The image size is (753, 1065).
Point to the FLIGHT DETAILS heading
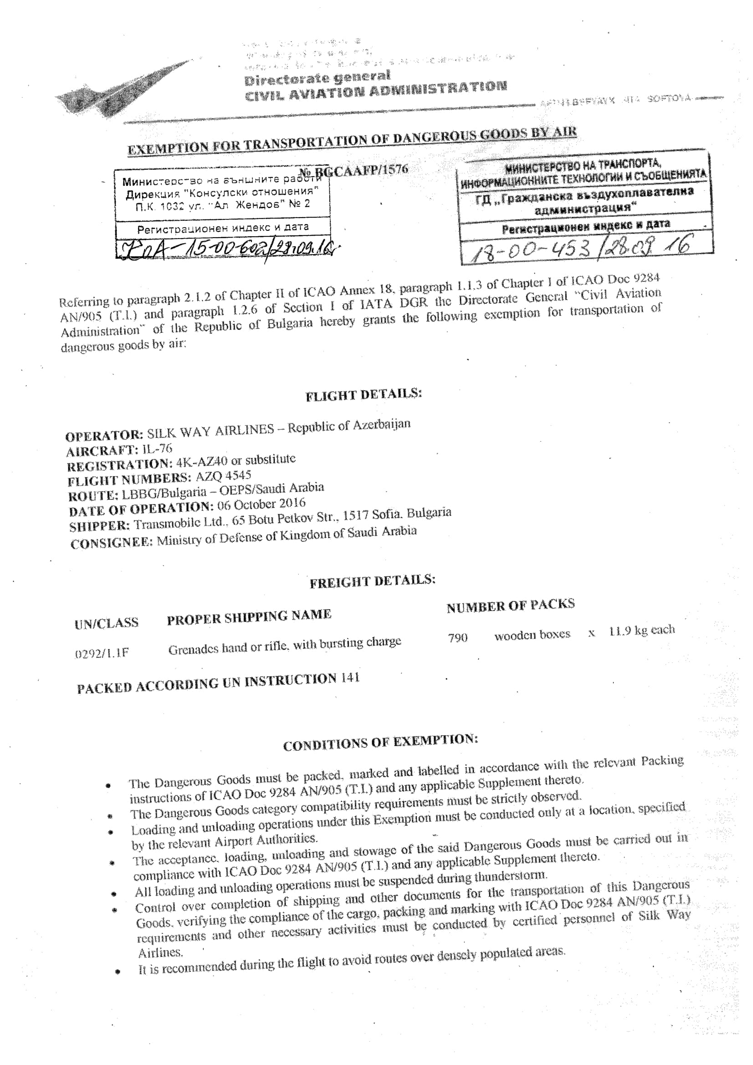363,395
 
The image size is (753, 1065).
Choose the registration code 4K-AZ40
202,463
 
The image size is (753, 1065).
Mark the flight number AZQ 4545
224,476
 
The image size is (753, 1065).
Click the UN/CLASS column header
106,623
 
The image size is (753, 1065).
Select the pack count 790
457,638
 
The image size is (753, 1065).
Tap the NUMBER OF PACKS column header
510,605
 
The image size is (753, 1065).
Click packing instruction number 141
350,678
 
